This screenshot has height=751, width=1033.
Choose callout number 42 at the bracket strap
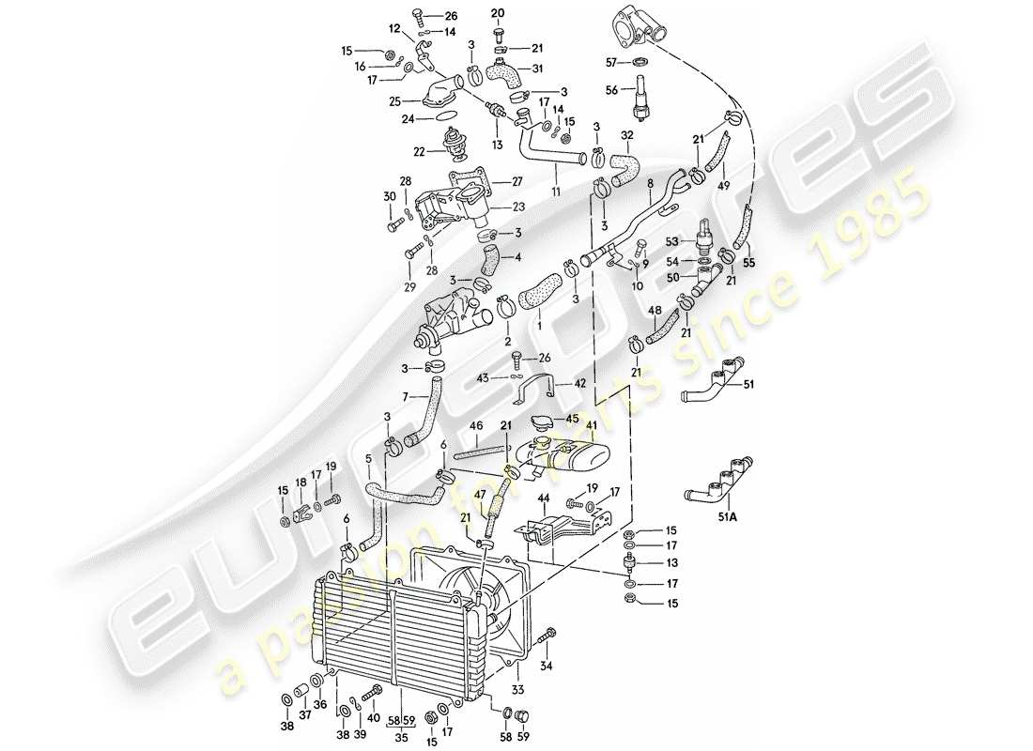[582, 383]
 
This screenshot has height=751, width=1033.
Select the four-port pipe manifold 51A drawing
[718, 477]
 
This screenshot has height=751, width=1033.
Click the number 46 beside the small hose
[477, 425]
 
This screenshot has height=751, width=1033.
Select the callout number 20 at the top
[499, 12]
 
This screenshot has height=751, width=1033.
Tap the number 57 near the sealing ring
[609, 62]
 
